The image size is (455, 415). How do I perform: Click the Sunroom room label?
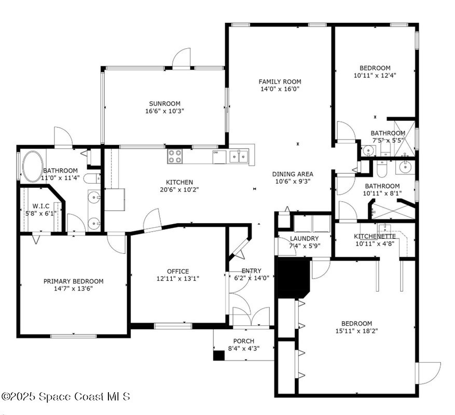pos(164,104)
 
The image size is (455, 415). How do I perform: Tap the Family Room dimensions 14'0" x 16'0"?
pos(280,89)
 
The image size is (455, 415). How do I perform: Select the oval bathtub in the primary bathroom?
pos(33,165)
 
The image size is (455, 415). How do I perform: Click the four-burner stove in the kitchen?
pos(175,156)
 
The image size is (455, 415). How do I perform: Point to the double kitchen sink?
pos(239,157)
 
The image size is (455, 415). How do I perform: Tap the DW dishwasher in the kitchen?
pos(219,157)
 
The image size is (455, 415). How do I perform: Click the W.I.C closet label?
pos(41,206)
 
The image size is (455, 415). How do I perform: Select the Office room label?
pos(178,271)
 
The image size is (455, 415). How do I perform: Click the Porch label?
pos(244,341)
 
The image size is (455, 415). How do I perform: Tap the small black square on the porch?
pos(219,355)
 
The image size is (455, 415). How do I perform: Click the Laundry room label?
pos(304,239)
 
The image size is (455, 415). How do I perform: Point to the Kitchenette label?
pos(375,236)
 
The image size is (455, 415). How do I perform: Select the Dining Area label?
pos(293,174)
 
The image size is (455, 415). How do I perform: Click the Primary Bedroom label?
pos(74,281)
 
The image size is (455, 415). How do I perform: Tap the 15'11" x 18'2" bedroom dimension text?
pos(356,331)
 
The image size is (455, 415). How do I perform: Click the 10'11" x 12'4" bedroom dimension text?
pos(375,75)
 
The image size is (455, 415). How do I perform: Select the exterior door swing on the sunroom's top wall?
pos(182,58)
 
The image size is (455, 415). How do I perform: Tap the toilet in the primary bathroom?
pos(92,178)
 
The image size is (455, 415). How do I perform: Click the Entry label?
pos(251,271)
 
